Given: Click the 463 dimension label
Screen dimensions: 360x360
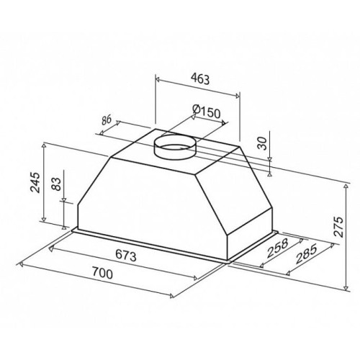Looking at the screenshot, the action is click(200, 78).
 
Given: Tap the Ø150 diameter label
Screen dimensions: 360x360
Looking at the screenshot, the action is click(207, 112).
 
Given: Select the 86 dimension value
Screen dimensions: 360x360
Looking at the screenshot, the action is click(106, 120).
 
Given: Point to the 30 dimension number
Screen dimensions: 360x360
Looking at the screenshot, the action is click(264, 143).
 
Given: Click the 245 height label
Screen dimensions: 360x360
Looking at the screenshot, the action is click(35, 182).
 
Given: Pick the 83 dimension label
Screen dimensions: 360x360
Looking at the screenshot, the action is click(57, 184).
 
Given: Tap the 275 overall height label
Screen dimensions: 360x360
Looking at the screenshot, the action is click(339, 227).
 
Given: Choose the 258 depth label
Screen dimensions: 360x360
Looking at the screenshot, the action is click(277, 248).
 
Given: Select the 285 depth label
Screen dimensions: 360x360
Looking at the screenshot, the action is click(306, 253).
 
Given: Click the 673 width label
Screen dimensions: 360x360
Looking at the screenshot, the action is click(126, 255).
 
